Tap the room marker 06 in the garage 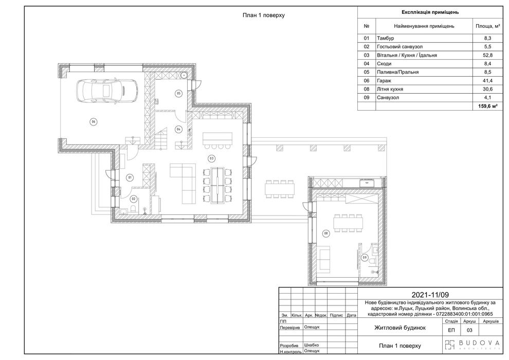94,122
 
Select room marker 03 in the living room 212,158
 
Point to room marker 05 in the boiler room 178,94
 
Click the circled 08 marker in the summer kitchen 326,233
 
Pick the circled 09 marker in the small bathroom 364,258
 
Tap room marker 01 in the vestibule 130,177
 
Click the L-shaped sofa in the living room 183,184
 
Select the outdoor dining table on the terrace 280,189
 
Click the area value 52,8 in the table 487,55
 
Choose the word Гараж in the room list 384,81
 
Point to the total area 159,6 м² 488,106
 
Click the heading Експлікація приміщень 430,12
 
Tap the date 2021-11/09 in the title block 430,295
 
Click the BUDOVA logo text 479,343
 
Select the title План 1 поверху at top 264,15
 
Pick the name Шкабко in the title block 311,345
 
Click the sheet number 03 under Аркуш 469,331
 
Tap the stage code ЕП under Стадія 451,331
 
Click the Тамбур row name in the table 385,38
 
